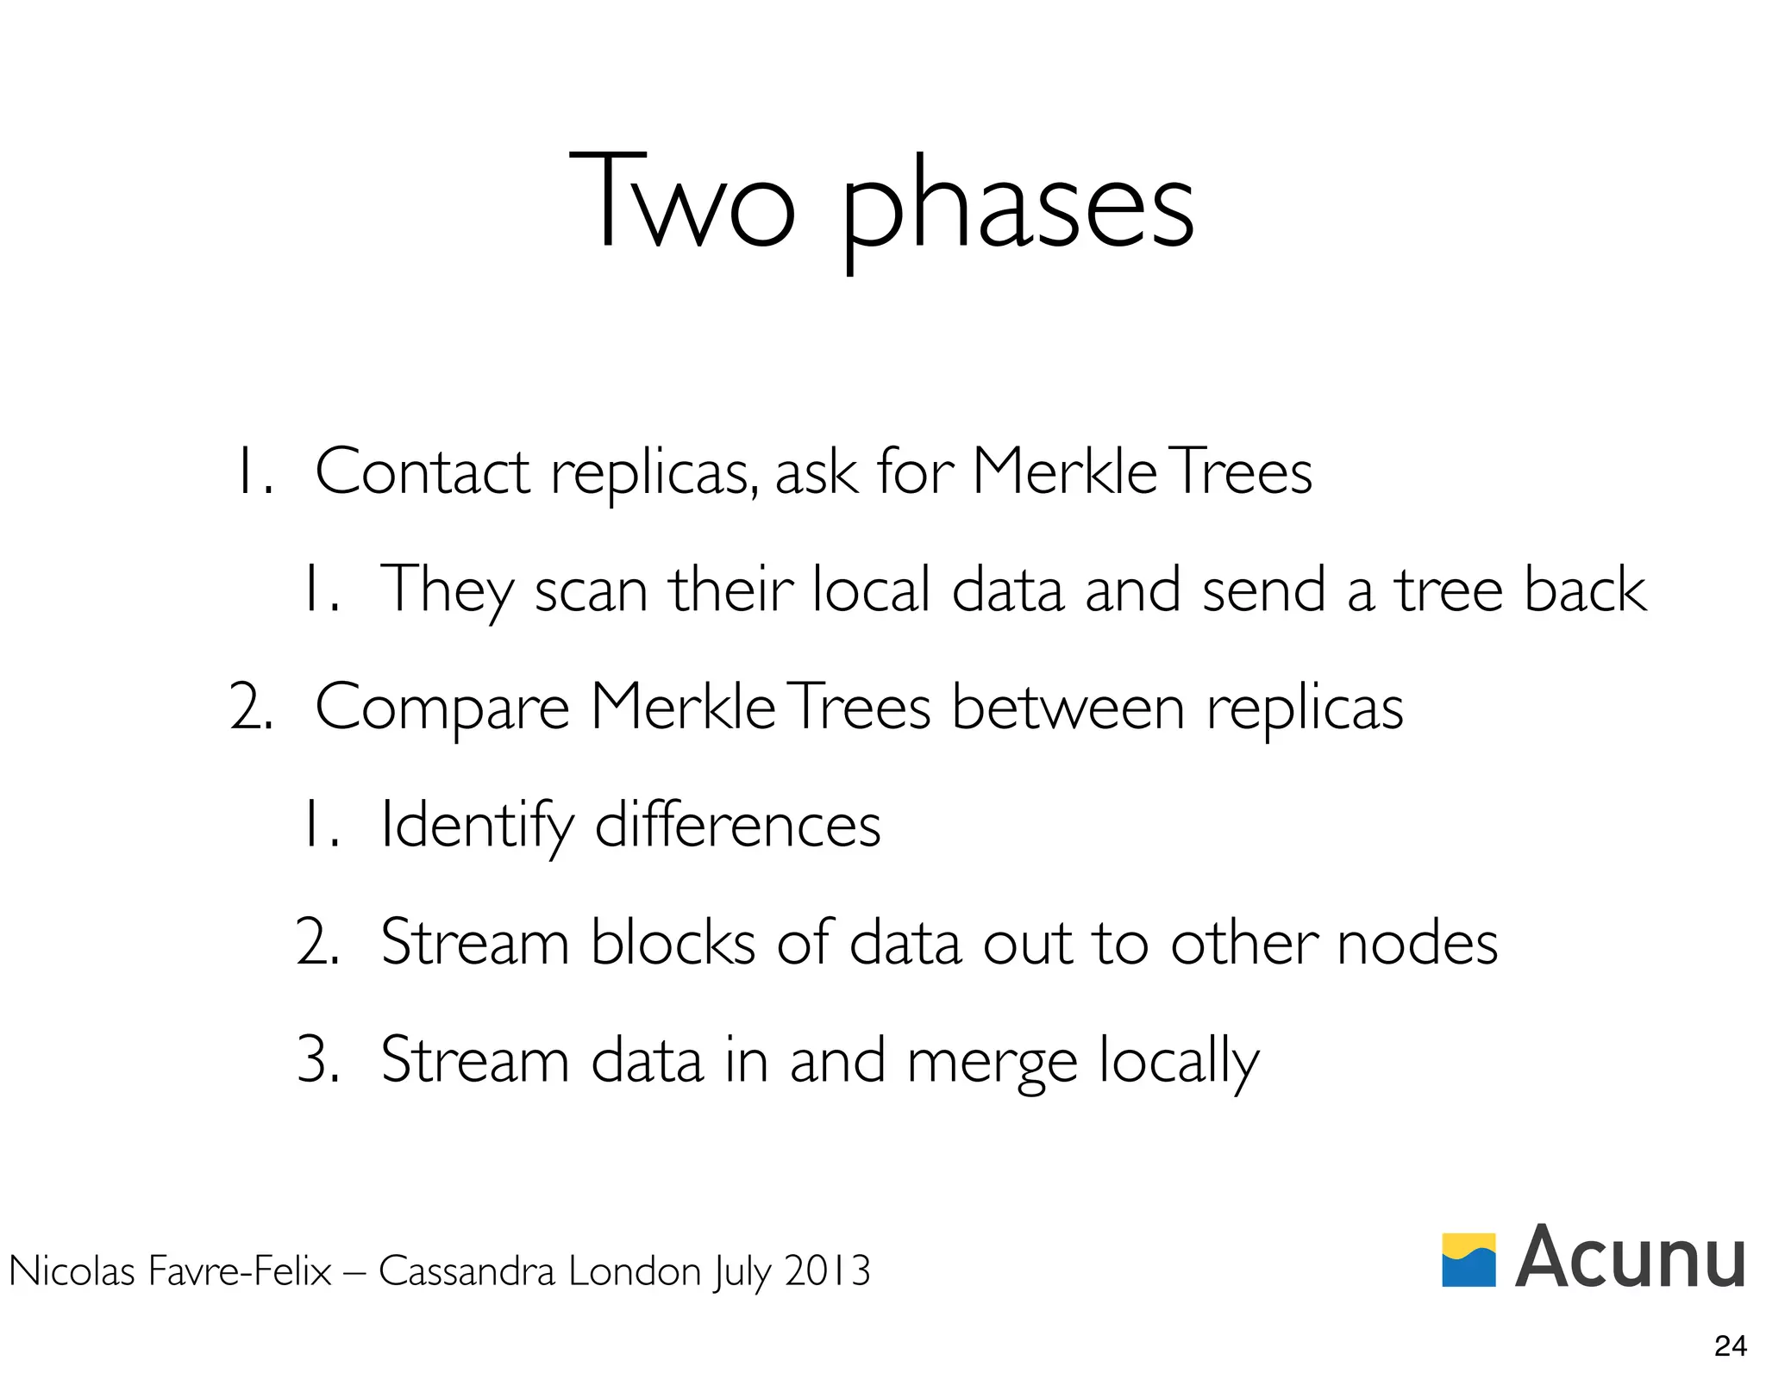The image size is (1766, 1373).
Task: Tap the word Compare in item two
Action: click(x=441, y=708)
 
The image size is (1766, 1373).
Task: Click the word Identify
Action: click(x=477, y=826)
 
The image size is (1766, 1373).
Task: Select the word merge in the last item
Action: click(x=992, y=1062)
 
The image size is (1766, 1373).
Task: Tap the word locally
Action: click(x=1178, y=1062)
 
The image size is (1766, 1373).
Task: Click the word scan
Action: click(x=591, y=590)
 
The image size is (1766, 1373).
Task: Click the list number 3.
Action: click(x=316, y=1060)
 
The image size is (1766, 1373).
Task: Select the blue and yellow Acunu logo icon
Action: click(x=1469, y=1259)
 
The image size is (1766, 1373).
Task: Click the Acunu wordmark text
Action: click(x=1630, y=1258)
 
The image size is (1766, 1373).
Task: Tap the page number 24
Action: click(x=1731, y=1345)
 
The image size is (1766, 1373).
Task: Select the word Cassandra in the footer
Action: click(x=467, y=1271)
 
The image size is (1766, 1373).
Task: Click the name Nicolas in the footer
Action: click(x=72, y=1271)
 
